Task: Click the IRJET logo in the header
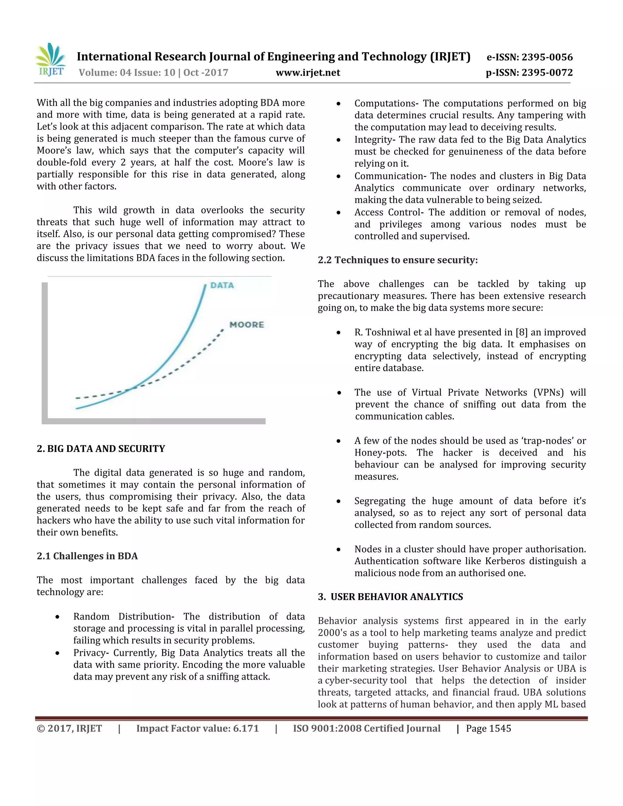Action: coord(50,60)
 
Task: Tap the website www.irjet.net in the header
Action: coord(308,73)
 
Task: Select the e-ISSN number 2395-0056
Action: coord(547,57)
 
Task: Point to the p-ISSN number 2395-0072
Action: coord(547,73)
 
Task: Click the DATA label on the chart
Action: coord(222,285)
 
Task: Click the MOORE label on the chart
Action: coord(246,325)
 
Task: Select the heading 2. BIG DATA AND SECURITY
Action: coord(101,449)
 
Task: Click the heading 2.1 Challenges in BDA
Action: coord(87,556)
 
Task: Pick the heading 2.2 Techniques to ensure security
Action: coord(398,260)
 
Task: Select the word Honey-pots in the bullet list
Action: coord(380,453)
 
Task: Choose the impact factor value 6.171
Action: coord(246,728)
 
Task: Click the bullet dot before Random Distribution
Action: coord(57,617)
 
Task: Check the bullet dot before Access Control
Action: coord(339,213)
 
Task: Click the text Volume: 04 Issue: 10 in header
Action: coord(127,73)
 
